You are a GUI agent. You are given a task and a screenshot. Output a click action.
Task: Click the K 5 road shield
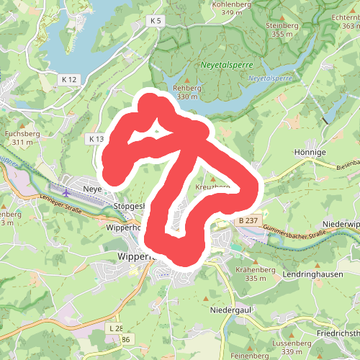(155, 22)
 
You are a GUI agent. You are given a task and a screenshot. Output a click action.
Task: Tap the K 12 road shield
(69, 78)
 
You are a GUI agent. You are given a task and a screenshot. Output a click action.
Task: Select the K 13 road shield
(96, 138)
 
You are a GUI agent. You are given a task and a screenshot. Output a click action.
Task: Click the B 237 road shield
(247, 220)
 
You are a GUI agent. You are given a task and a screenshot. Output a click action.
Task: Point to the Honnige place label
(310, 153)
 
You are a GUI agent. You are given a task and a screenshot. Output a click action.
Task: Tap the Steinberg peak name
(282, 25)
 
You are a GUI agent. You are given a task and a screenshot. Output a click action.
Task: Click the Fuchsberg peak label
(22, 134)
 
